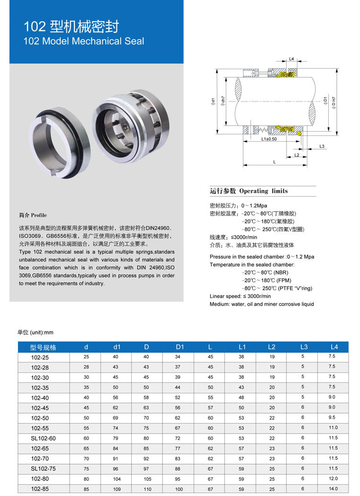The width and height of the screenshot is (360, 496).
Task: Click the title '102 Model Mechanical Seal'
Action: coord(84,41)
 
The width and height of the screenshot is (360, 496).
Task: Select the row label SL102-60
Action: coord(43,438)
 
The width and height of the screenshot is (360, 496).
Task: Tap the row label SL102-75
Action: coord(43,468)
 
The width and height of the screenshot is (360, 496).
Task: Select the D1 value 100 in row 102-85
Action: coord(178,488)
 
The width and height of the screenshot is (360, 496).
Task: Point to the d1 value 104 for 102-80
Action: coord(117,478)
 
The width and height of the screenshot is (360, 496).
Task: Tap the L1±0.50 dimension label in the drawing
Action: coord(269,139)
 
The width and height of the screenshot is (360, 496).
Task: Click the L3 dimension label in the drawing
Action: coord(322,146)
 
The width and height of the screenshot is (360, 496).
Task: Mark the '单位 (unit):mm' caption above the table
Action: coord(35,333)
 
